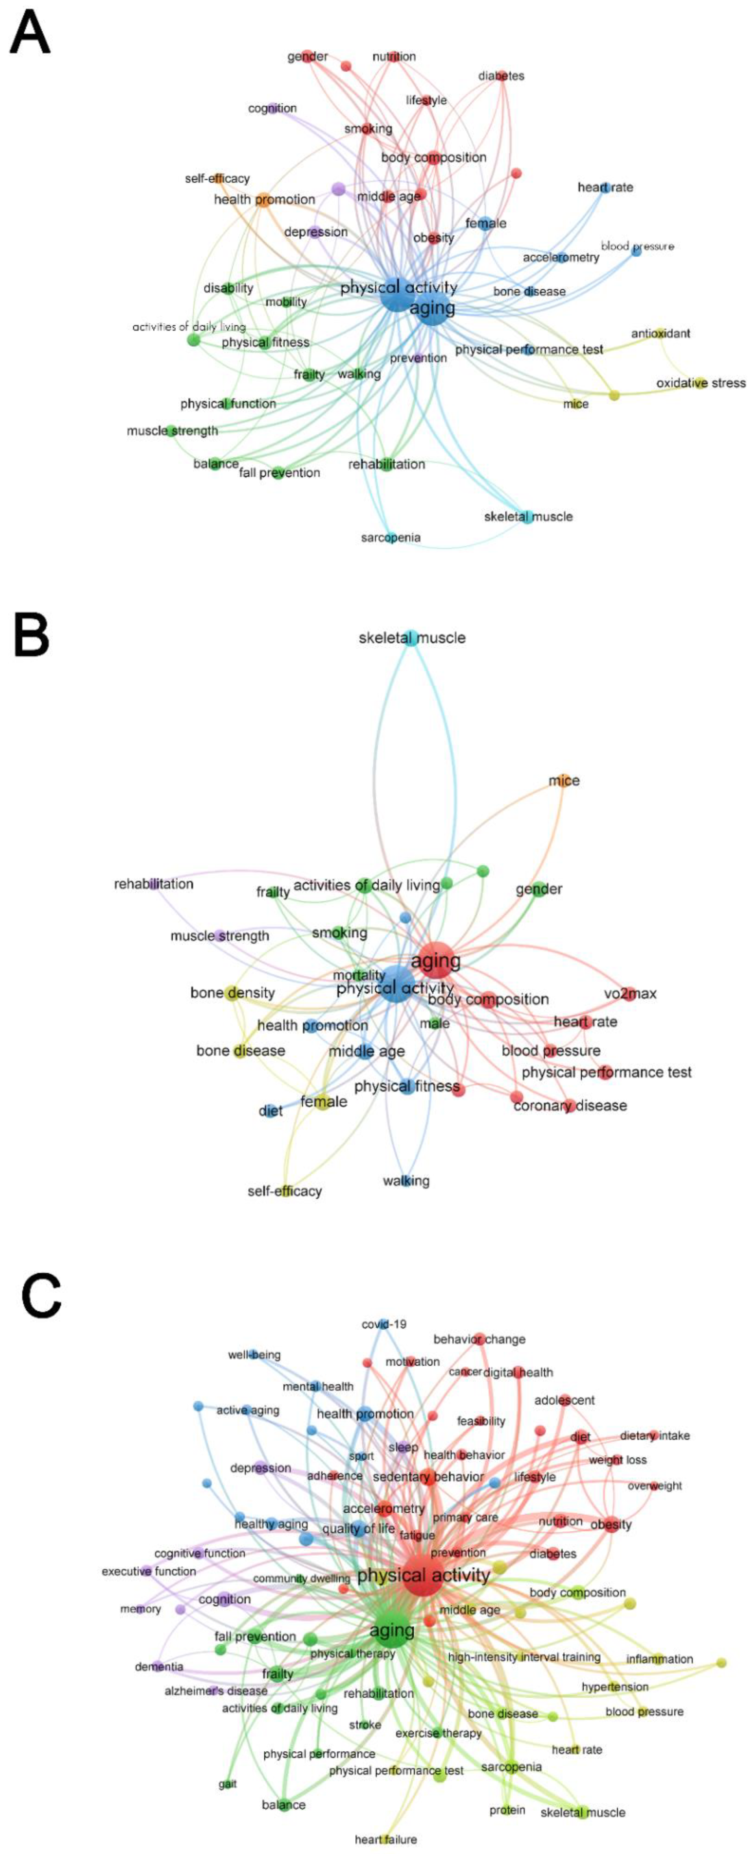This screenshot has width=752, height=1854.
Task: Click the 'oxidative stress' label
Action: click(700, 383)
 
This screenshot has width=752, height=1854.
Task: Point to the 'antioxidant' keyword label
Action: click(660, 333)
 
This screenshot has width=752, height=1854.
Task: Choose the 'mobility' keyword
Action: click(286, 302)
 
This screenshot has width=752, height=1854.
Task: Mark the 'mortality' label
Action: click(359, 975)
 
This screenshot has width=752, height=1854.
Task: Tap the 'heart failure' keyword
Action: click(386, 1839)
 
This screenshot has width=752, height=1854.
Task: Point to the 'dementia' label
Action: click(159, 1666)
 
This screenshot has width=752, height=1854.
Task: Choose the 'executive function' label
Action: click(149, 1571)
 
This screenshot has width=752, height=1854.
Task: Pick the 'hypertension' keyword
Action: click(615, 1686)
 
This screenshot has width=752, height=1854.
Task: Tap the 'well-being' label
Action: click(254, 1355)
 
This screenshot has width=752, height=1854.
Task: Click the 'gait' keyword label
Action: click(227, 1783)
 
